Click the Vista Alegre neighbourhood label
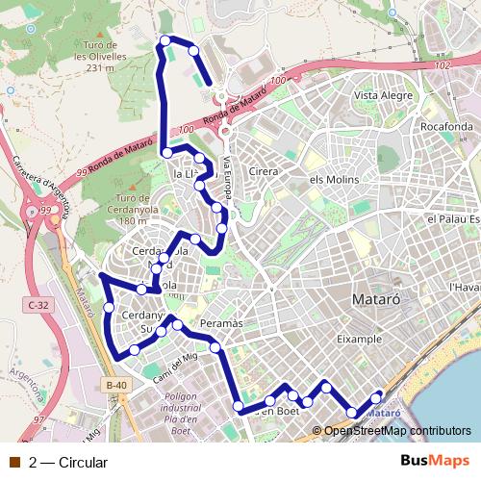383,95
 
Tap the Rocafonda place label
445,126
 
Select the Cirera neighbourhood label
264,171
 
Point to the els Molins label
334,180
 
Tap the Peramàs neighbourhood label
222,323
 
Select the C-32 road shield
38,305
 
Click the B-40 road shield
116,386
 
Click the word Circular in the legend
82,462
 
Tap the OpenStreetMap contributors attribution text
396,430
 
